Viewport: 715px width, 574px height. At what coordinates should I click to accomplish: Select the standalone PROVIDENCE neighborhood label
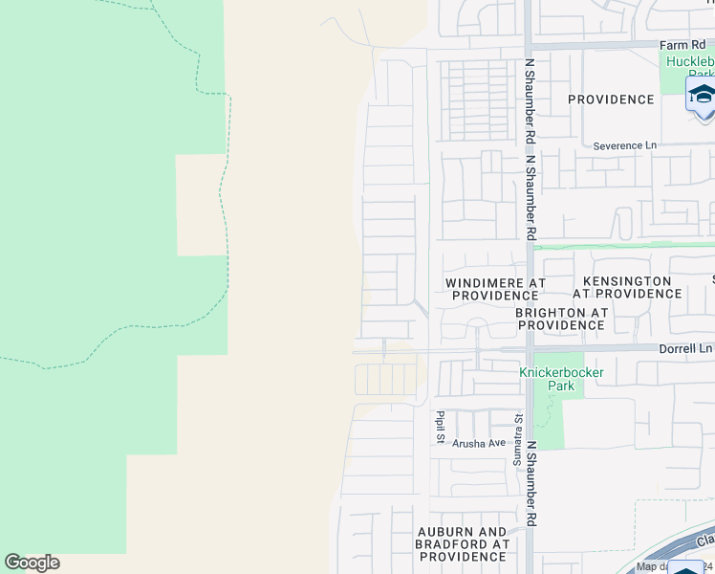(610, 99)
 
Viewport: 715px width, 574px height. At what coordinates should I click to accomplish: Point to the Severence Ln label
(625, 145)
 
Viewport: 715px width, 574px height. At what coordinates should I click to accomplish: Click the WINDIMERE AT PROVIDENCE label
(495, 290)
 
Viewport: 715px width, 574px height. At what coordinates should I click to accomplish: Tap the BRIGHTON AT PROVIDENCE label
(561, 319)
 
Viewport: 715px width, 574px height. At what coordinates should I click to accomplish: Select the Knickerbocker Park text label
(560, 379)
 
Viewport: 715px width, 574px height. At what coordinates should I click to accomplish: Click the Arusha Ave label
(479, 443)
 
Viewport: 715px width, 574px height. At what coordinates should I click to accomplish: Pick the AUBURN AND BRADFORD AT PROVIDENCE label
(463, 543)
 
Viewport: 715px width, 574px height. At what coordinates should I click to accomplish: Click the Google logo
(32, 563)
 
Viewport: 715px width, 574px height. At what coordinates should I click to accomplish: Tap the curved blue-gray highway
(669, 550)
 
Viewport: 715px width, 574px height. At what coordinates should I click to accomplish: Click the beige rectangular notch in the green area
(202, 204)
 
